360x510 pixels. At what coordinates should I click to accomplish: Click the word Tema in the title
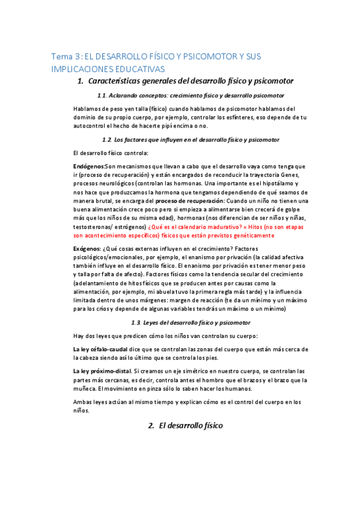tap(60, 56)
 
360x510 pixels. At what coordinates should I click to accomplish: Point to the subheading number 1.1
tap(101, 96)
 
